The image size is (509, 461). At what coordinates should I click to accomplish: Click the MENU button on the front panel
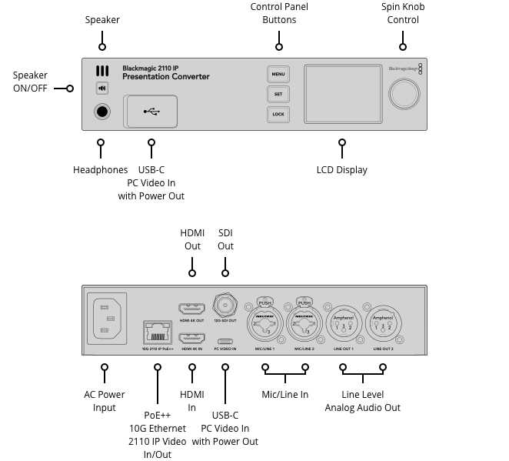tap(278, 75)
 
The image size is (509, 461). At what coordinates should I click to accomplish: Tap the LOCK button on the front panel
tap(278, 115)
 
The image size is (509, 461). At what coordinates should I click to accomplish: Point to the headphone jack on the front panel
tap(101, 112)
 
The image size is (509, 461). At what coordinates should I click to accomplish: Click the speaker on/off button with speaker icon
tap(101, 89)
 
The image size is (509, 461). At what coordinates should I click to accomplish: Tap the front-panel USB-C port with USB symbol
tap(151, 112)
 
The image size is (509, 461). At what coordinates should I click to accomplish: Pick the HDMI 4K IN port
tap(191, 339)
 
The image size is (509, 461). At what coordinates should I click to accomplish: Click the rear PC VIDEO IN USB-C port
tap(225, 342)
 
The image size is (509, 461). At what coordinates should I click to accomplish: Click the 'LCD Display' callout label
tap(341, 169)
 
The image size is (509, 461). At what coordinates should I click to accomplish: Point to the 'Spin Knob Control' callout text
tap(403, 13)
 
